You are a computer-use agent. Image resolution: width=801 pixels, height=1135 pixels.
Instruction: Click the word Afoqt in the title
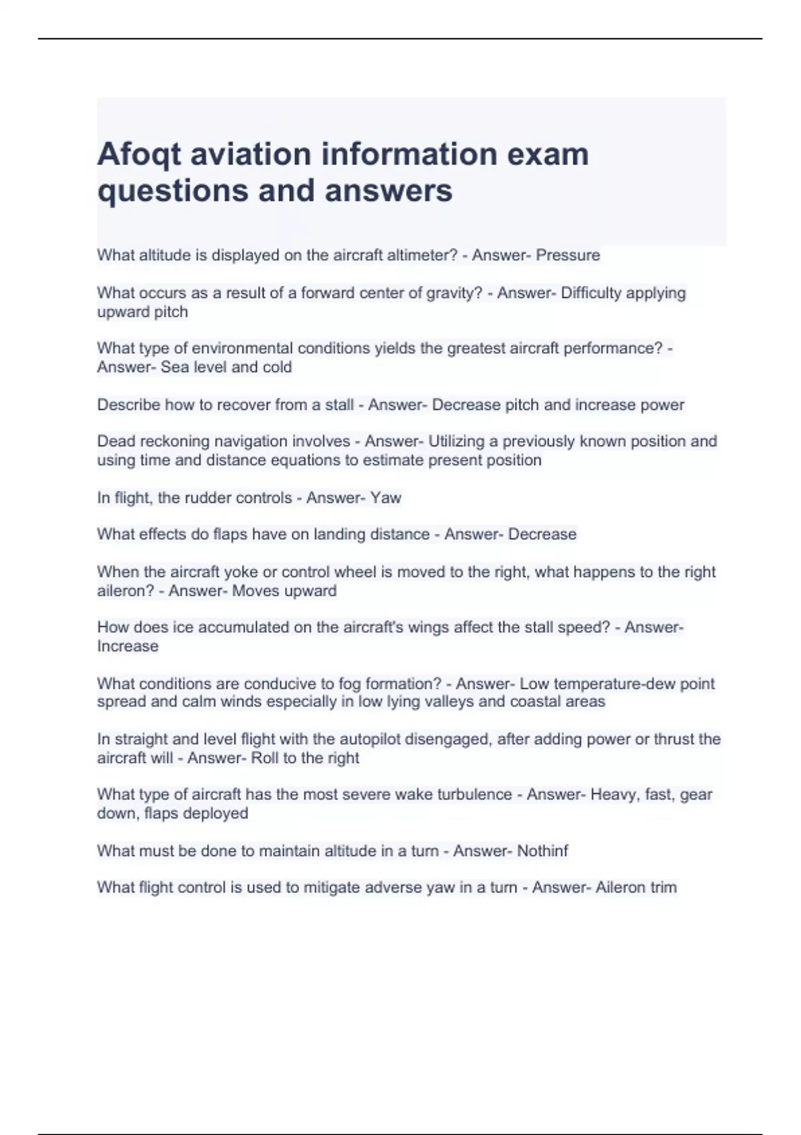point(139,155)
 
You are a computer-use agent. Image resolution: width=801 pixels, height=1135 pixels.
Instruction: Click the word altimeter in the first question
point(419,255)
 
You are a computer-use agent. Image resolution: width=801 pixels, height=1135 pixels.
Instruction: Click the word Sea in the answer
point(175,367)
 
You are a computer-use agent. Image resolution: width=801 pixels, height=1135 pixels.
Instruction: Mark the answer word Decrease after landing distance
point(542,534)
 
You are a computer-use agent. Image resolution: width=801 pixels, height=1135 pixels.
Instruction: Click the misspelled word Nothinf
point(543,851)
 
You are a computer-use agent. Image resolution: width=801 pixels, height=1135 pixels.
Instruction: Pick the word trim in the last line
point(663,887)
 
